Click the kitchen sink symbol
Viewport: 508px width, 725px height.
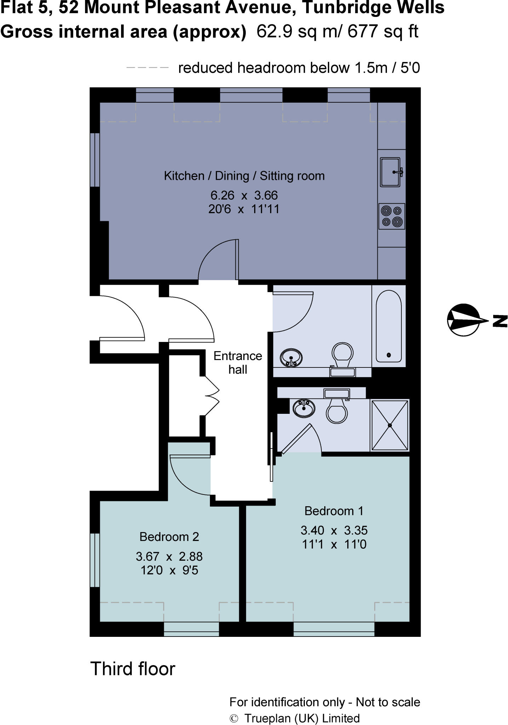pos(390,172)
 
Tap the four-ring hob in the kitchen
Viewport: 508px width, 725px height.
pos(392,216)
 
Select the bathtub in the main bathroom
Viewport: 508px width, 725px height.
pos(389,326)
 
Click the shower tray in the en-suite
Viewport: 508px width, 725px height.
pos(390,425)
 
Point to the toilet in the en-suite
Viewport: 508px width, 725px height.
pos(337,411)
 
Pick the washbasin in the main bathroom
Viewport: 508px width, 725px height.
pos(291,358)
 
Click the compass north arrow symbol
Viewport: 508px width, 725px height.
pos(464,320)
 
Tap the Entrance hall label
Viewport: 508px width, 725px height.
pos(238,362)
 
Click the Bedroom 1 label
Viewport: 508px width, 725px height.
pos(333,511)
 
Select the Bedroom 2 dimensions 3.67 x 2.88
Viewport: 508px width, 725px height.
pos(169,556)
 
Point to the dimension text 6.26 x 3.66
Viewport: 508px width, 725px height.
pos(244,195)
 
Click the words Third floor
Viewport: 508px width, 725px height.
pos(133,669)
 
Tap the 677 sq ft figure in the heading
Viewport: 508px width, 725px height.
pos(382,31)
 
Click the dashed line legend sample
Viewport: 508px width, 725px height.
pos(147,68)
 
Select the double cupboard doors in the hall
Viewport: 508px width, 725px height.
pos(212,396)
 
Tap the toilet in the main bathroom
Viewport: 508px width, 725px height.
pos(342,354)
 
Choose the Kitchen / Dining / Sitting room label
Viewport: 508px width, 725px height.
pos(244,176)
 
